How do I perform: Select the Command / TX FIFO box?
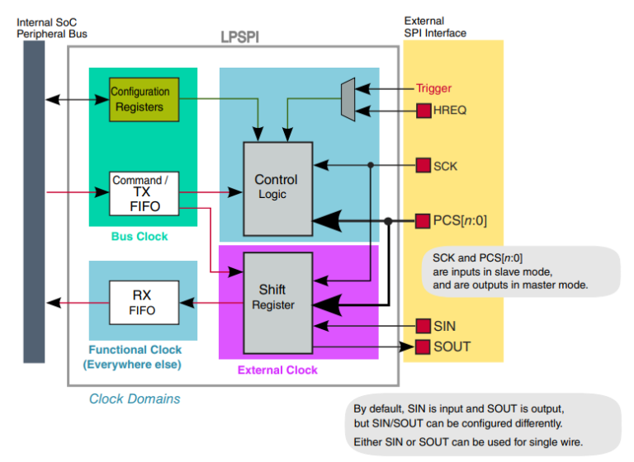144,193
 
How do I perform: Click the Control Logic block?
277,187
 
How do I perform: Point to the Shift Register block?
277,298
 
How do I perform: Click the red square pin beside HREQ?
423,111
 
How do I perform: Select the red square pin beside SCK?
423,166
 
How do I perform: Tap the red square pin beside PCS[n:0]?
423,221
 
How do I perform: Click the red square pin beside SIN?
423,326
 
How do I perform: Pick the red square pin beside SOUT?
423,346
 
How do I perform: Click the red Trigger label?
433,88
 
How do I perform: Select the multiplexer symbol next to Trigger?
348,99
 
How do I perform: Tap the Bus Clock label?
140,237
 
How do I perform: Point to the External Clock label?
277,370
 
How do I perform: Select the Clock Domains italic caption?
135,399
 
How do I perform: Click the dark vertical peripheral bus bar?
34,202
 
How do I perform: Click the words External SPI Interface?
435,26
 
